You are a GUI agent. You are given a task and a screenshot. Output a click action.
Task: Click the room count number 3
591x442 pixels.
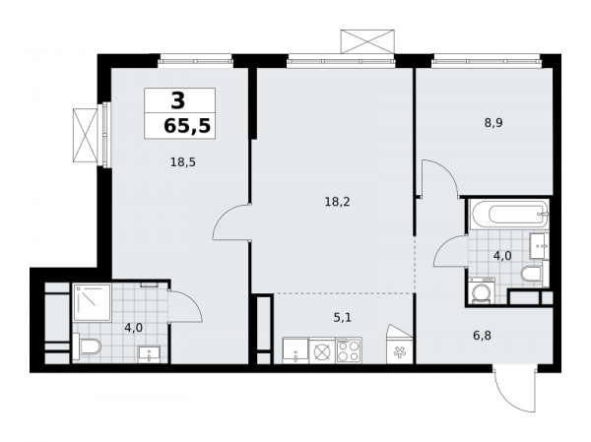178,99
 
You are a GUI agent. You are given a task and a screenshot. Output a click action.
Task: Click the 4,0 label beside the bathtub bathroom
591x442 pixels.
501,256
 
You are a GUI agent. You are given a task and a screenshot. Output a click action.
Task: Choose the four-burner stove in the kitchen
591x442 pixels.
350,350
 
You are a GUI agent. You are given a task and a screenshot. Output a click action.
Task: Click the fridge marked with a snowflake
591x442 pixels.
399,350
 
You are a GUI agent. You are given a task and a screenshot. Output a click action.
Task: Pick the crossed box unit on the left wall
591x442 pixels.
85,135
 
